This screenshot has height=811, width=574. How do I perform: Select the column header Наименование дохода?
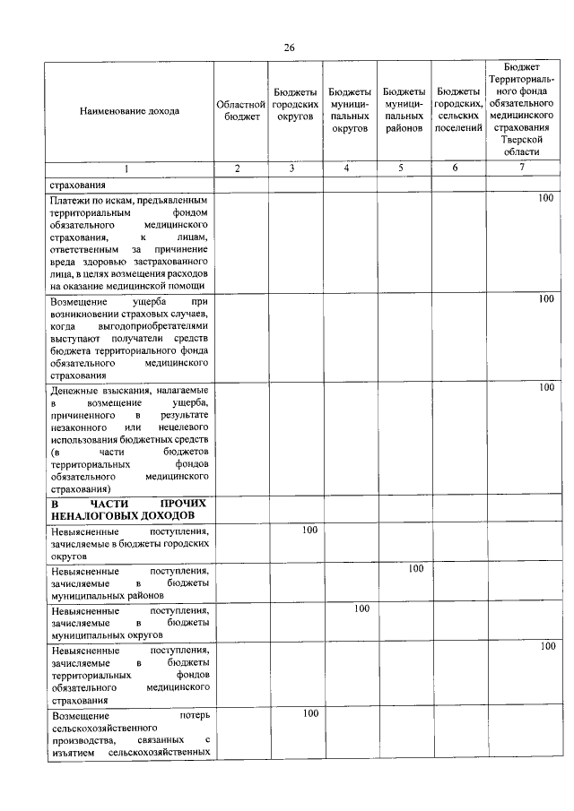point(129,111)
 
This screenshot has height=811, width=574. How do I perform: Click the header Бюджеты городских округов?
point(295,111)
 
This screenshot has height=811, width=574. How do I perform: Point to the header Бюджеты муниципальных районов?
point(404,111)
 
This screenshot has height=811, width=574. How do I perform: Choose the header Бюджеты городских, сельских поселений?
point(457,111)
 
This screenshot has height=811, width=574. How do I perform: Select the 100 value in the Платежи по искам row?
point(545,198)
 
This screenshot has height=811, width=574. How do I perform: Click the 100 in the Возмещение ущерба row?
point(545,299)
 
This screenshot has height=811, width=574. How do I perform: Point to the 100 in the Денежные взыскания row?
point(545,387)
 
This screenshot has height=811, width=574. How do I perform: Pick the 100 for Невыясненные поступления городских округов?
point(309,531)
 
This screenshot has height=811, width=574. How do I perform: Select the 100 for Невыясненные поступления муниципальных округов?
point(361,608)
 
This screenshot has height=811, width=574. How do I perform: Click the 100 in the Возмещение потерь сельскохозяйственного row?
point(309,713)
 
